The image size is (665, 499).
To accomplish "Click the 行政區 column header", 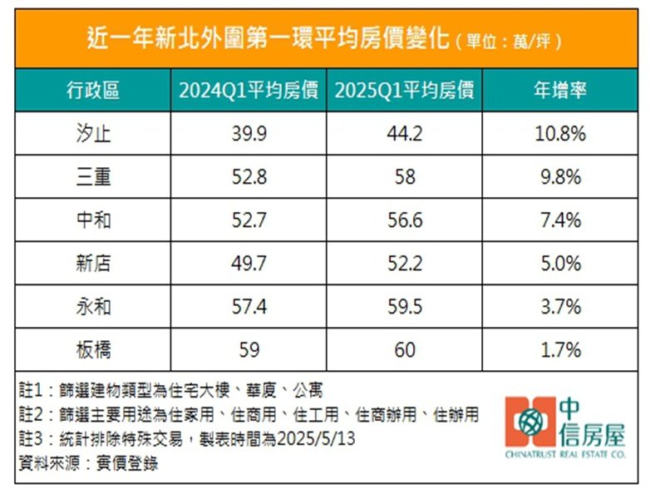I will (x=92, y=90).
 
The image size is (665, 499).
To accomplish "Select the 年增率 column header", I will (x=559, y=90).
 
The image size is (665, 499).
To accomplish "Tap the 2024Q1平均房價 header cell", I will (x=249, y=90).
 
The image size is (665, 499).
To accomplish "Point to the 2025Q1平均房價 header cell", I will (x=405, y=90).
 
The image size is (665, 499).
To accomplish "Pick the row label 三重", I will (x=92, y=177).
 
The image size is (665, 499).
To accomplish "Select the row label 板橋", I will (x=92, y=350).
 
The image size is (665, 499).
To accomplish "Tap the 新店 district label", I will (x=92, y=264).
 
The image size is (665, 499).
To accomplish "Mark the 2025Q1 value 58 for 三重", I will (x=405, y=177).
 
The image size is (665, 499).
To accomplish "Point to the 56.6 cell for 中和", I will (x=405, y=220).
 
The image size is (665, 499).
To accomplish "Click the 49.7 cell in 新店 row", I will (x=249, y=264).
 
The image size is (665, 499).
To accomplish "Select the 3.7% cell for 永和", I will (x=559, y=307).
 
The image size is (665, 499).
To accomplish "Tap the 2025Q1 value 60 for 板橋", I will (x=405, y=350).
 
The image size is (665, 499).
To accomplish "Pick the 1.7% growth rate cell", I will (x=559, y=350).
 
